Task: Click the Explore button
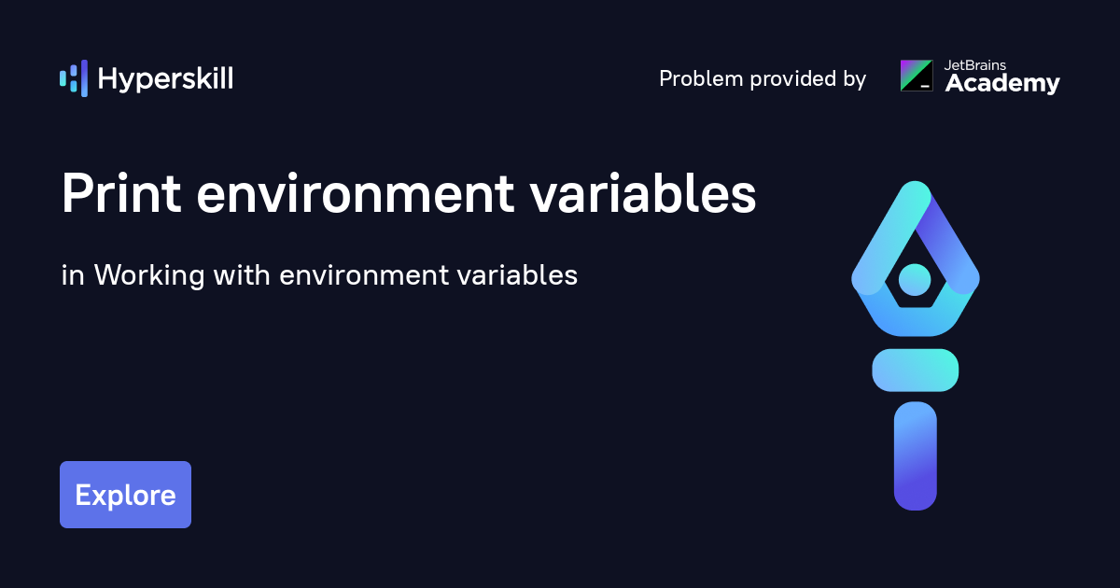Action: tap(125, 495)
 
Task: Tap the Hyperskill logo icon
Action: tap(74, 78)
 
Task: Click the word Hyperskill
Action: tap(165, 79)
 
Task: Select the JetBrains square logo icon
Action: tap(917, 76)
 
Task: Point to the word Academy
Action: tap(1002, 84)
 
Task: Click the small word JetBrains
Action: tap(975, 64)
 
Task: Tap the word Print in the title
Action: tap(121, 195)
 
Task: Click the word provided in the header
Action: tap(790, 79)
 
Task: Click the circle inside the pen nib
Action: tap(915, 277)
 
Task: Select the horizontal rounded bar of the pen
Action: tap(915, 370)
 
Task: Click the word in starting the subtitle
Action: tap(70, 275)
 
